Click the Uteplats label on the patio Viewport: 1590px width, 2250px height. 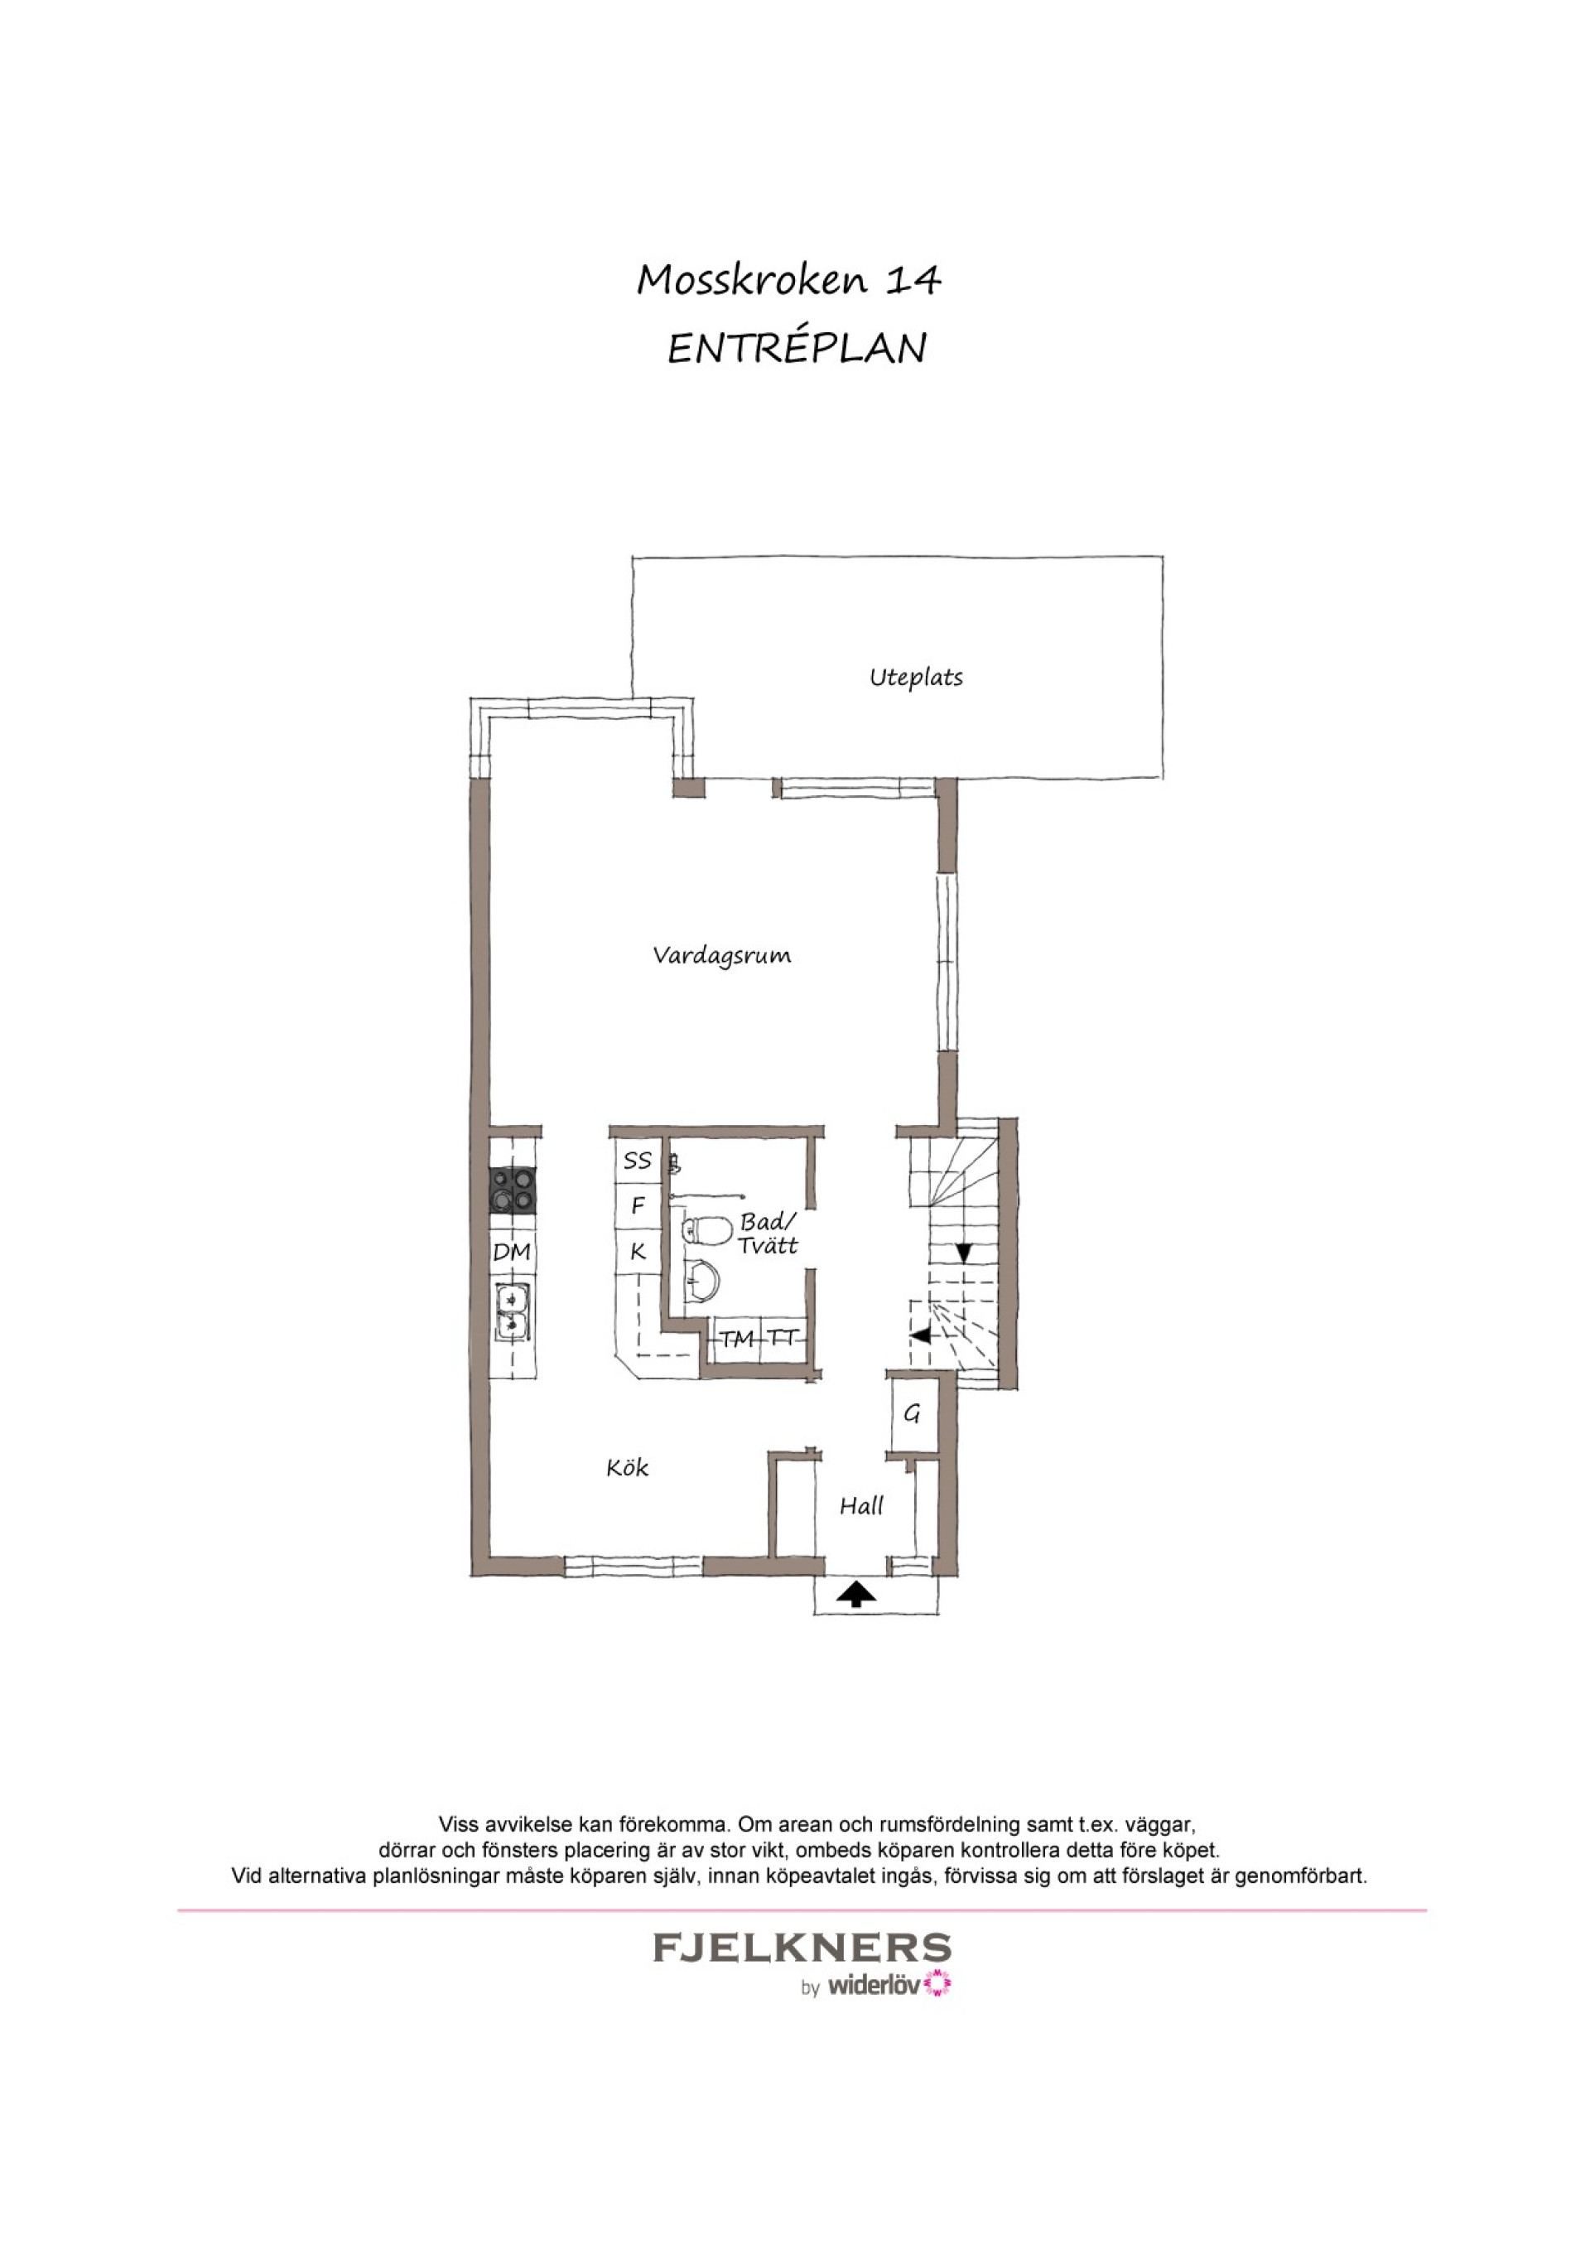tap(916, 677)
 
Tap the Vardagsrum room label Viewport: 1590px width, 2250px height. tap(722, 955)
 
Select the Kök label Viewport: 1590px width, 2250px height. tap(627, 1467)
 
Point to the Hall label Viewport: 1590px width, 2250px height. tap(861, 1506)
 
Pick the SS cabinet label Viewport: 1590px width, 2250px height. tap(638, 1161)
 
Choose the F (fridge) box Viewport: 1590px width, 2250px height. tap(638, 1205)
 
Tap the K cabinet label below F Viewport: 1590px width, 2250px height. tap(638, 1252)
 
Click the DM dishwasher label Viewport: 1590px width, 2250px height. tap(512, 1252)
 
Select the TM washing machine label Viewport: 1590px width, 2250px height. tap(738, 1339)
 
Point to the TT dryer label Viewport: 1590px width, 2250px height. tap(783, 1337)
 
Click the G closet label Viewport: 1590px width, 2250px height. tap(912, 1413)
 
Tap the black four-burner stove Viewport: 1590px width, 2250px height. tap(513, 1189)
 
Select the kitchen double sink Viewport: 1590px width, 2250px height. tap(513, 1312)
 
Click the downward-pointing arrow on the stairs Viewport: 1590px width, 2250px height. tap(963, 1253)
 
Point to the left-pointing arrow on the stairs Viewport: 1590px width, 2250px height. tap(920, 1335)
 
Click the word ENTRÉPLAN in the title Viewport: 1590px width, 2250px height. tap(797, 349)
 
